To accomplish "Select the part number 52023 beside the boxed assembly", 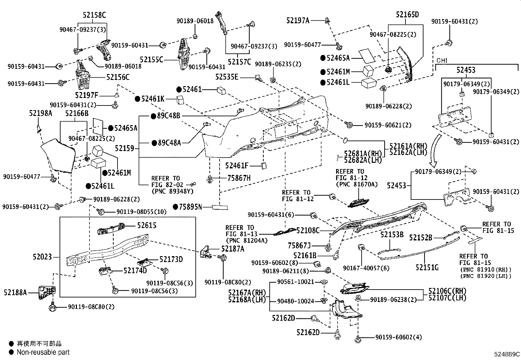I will (42, 257).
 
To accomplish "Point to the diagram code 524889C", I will (507, 354).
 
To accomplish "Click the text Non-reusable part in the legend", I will (43, 352).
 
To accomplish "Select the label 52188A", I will (15, 292).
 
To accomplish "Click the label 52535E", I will (227, 77).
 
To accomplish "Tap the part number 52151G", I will (427, 268).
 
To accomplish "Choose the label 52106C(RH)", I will (447, 291).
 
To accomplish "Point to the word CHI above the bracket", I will (442, 61).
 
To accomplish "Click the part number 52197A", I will (297, 20).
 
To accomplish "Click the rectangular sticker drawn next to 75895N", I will (220, 207).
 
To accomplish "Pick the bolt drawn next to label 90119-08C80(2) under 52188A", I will (52, 308).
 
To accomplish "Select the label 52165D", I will (407, 15).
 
